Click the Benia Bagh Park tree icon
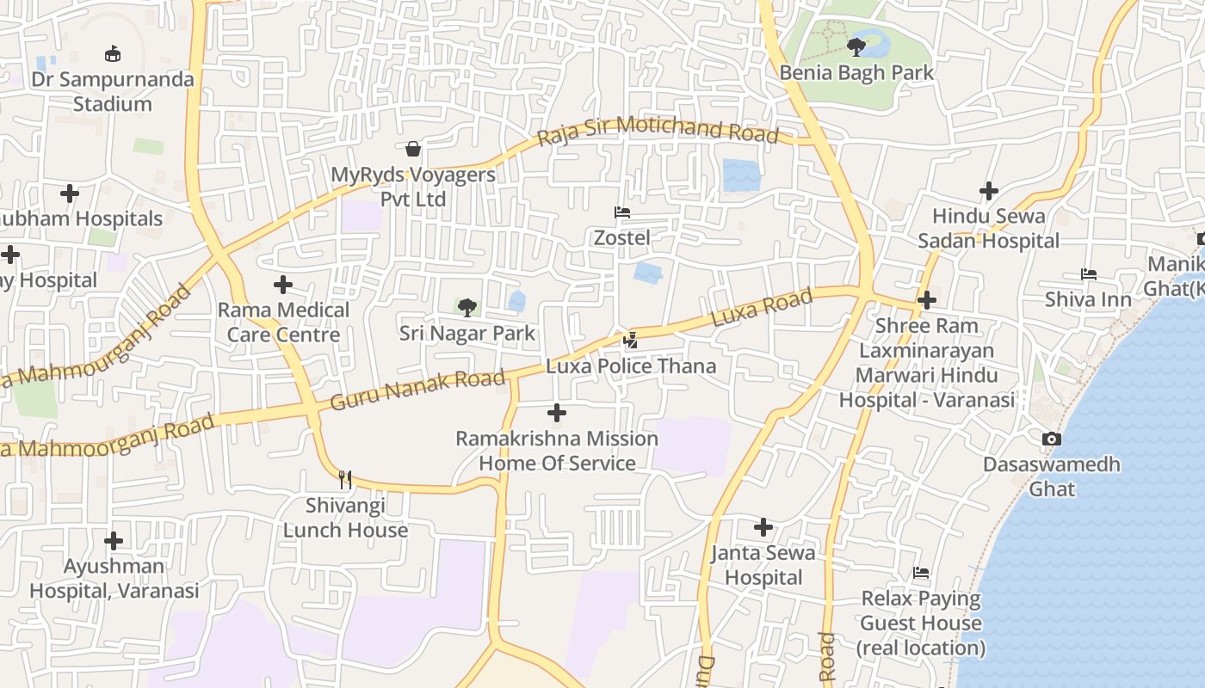click(856, 46)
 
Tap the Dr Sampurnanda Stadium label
click(112, 91)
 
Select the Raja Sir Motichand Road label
click(658, 131)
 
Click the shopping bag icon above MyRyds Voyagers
click(413, 149)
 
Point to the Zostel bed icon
click(621, 212)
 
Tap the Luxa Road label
click(762, 308)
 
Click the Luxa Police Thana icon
click(631, 341)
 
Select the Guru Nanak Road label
click(417, 390)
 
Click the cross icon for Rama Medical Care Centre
click(283, 285)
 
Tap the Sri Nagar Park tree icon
click(467, 307)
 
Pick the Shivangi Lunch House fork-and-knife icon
click(345, 480)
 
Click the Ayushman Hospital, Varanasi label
click(114, 578)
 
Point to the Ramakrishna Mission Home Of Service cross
click(557, 413)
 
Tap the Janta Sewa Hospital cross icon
click(763, 527)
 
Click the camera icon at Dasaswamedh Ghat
click(1051, 439)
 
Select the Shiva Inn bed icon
click(1089, 274)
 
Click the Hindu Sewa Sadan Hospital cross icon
click(989, 191)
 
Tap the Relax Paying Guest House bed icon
click(921, 573)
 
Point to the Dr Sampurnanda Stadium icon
click(112, 54)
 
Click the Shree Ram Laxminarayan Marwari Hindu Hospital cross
click(927, 300)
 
